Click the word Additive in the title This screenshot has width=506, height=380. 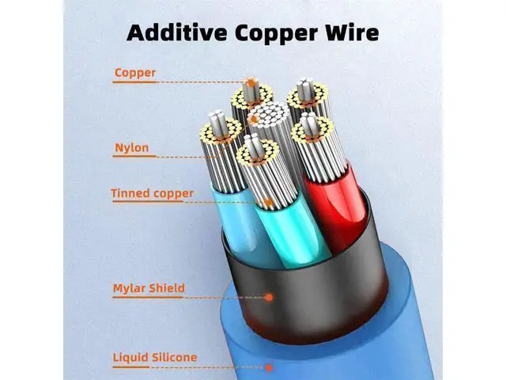(x=177, y=33)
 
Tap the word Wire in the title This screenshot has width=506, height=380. (x=352, y=33)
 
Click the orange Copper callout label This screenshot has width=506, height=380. (x=135, y=73)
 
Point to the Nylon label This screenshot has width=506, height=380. (x=132, y=148)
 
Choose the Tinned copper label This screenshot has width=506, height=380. (x=153, y=193)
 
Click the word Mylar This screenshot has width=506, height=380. (x=130, y=288)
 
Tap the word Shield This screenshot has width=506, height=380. (x=168, y=287)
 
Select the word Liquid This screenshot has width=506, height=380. (x=130, y=358)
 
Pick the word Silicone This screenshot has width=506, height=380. (x=174, y=357)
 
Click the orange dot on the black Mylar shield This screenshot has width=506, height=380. (x=269, y=298)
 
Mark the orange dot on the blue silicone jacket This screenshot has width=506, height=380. (x=269, y=367)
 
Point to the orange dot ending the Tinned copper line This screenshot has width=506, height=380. (x=269, y=203)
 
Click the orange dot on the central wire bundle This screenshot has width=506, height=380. (x=255, y=120)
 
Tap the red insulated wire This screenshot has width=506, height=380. (x=335, y=207)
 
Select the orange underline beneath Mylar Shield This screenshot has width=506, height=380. (x=149, y=297)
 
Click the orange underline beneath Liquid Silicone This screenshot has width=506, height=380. (x=131, y=367)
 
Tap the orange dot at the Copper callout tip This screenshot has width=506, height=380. (x=251, y=84)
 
